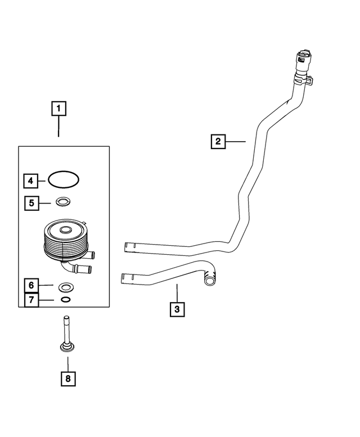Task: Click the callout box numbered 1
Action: point(59,108)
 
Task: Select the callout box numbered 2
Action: point(218,141)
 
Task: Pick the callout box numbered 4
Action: point(31,181)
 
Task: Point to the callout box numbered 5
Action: point(32,202)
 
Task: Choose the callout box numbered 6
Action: point(32,286)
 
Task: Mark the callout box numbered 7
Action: point(32,300)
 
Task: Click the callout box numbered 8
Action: point(68,379)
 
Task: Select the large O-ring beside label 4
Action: point(64,180)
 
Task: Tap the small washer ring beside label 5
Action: point(63,201)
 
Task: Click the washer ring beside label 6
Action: point(65,286)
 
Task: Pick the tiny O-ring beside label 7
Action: point(65,300)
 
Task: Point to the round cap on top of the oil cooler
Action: point(65,229)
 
